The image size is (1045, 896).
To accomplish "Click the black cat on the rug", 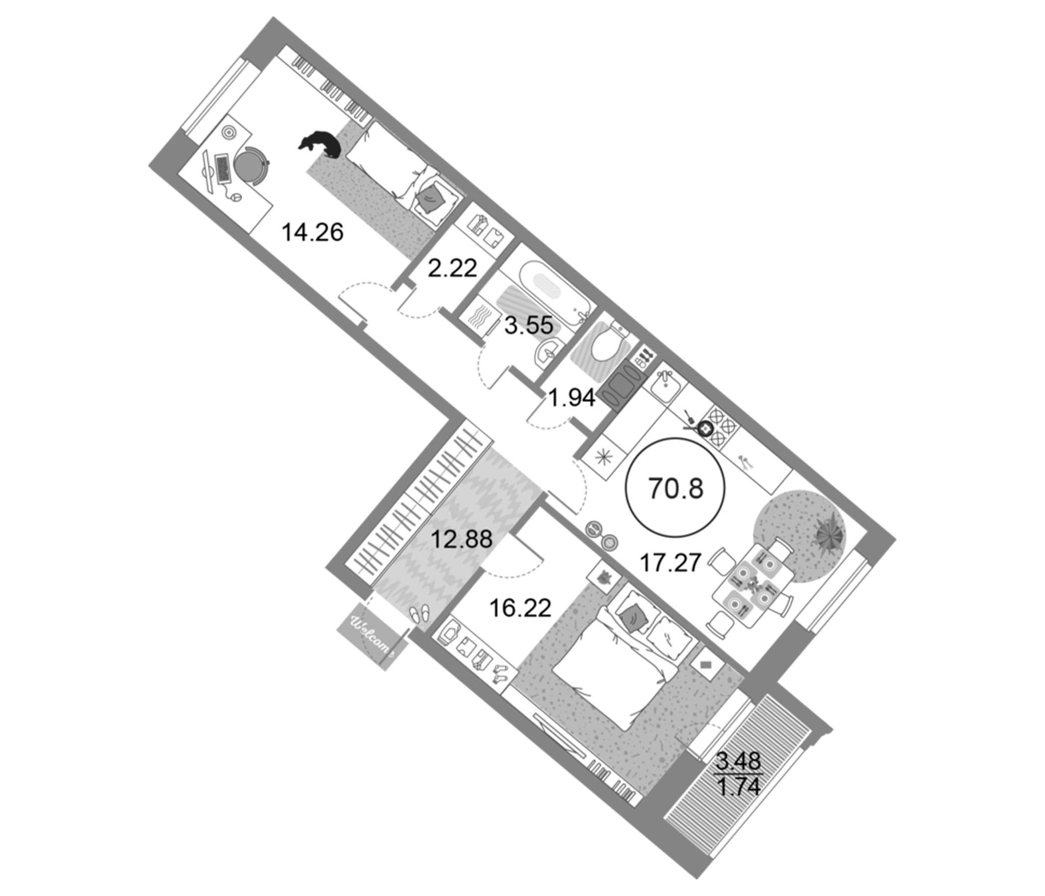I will (321, 144).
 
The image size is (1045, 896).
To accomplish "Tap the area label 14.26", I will (312, 232).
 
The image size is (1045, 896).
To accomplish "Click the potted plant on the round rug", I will (829, 533).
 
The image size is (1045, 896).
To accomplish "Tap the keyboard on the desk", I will (222, 169).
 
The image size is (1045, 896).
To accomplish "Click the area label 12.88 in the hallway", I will (461, 539).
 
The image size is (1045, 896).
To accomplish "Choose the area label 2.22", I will (452, 268).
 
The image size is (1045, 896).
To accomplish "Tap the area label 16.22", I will (520, 608).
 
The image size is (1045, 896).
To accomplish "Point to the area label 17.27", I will (670, 562).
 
